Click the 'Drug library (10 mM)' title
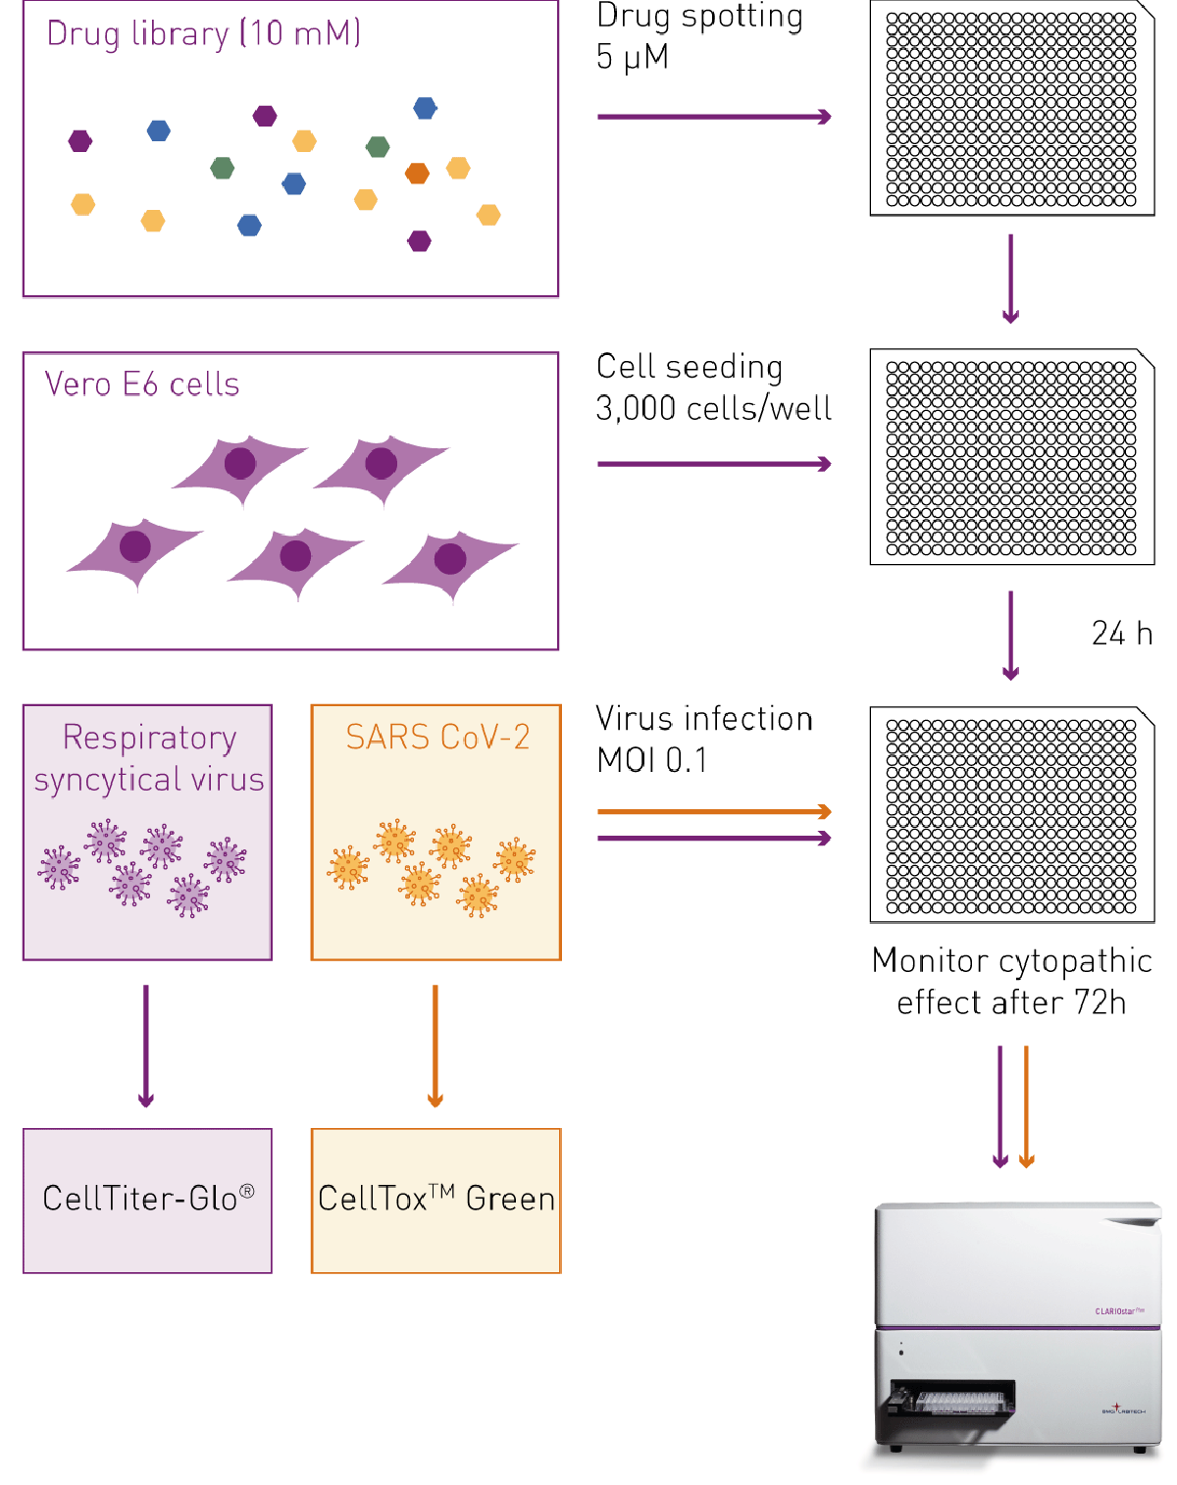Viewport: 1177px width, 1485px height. point(203,33)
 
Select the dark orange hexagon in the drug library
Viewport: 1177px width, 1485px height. point(417,174)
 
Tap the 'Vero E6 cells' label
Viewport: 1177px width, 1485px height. point(142,384)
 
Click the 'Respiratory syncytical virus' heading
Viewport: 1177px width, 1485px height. point(148,758)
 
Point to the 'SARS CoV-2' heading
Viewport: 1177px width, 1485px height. point(437,737)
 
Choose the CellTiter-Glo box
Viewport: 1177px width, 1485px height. point(148,1201)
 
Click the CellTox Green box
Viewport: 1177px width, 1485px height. point(435,1201)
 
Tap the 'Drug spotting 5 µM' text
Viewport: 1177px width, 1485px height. point(698,36)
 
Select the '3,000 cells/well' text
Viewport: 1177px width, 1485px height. point(713,408)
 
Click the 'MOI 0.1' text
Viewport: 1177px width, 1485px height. point(652,760)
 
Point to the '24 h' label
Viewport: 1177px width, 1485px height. point(1121,633)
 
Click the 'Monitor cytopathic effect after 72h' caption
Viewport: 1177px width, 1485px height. point(1011,981)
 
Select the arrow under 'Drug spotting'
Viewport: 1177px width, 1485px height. point(713,117)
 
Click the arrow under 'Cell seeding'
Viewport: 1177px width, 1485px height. point(713,464)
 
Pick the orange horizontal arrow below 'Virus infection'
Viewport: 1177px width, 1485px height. point(713,812)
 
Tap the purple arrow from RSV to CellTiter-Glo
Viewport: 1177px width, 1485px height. point(146,1045)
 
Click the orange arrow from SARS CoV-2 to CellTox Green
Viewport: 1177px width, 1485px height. point(435,1045)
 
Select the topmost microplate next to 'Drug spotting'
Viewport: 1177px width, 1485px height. point(1011,109)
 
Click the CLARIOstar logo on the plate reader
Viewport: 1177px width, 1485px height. point(1119,1310)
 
